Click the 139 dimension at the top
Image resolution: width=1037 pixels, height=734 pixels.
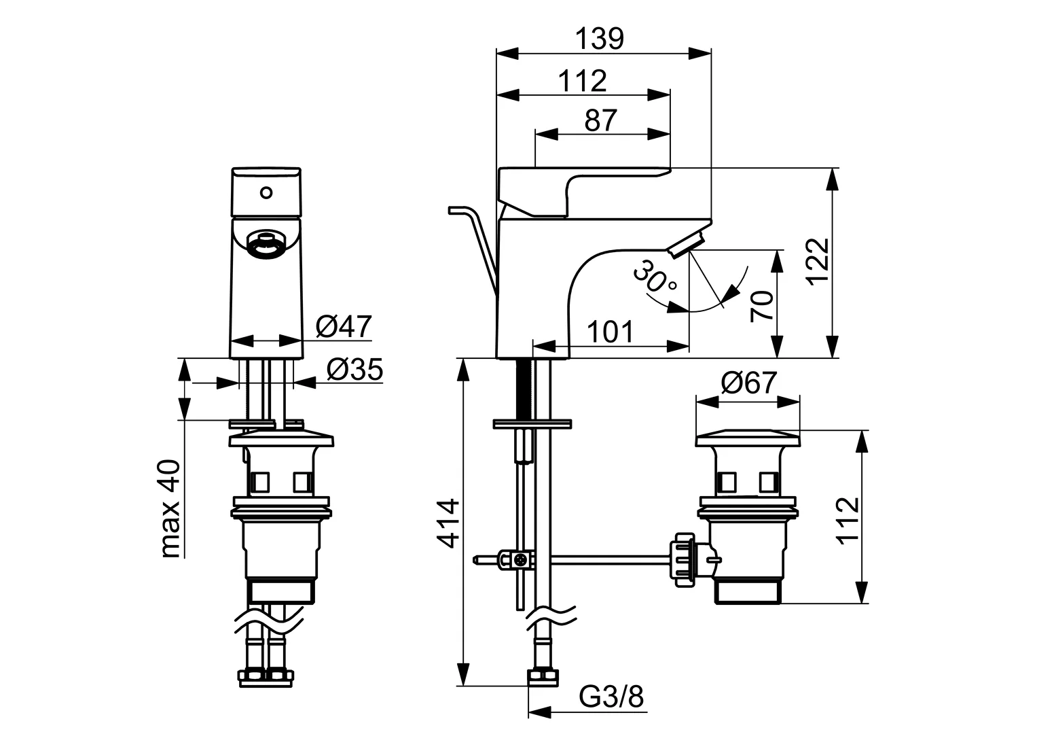(600, 39)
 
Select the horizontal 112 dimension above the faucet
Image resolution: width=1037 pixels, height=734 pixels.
(583, 81)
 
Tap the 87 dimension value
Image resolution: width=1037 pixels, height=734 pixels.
(600, 120)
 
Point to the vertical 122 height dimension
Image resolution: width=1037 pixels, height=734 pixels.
(818, 260)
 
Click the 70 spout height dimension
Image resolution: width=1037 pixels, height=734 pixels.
(762, 306)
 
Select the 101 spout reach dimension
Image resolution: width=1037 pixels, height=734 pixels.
(609, 332)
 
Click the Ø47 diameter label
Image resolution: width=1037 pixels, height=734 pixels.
(344, 327)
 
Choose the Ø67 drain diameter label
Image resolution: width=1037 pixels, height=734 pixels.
(748, 383)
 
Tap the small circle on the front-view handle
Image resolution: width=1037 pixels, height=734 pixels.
(266, 192)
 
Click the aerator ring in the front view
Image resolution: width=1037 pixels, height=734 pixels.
(266, 245)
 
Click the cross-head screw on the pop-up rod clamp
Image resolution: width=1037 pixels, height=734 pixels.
(521, 561)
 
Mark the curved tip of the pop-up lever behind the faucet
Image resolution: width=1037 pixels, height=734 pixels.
(456, 209)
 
